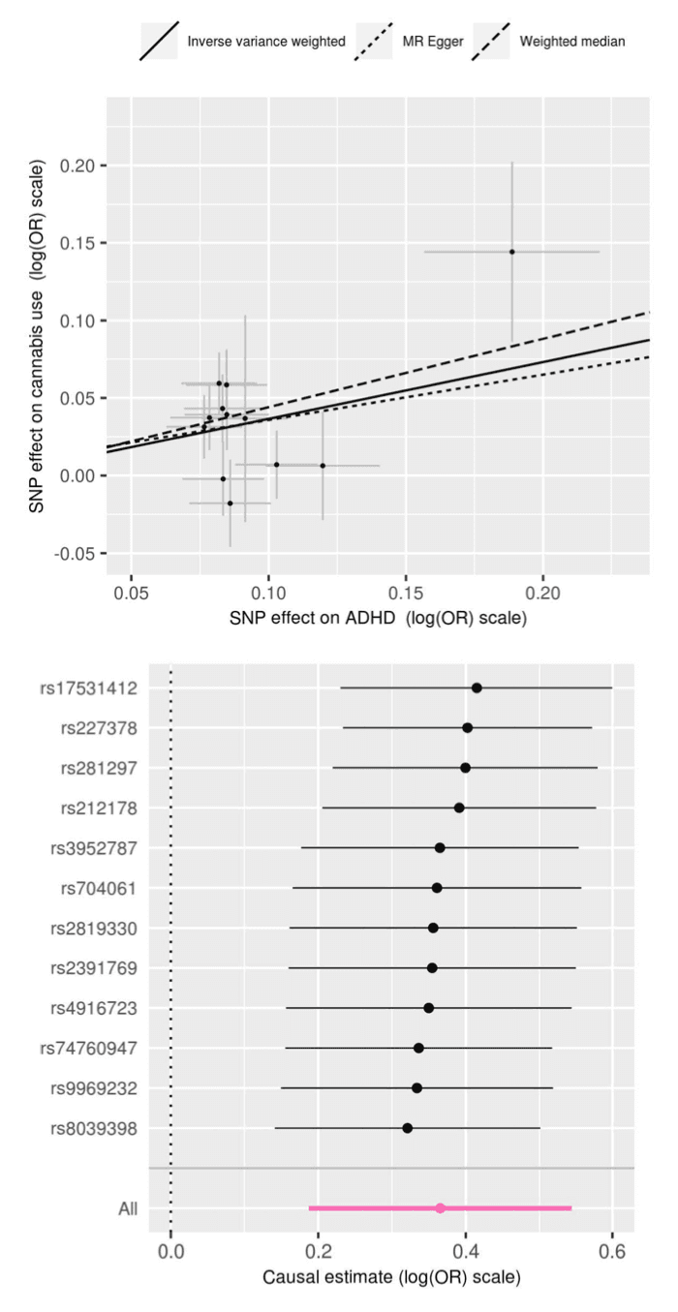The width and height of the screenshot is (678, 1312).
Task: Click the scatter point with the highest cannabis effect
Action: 511,252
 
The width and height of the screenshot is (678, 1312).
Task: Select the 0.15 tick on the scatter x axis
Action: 406,592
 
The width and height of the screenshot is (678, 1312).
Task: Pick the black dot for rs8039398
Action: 408,1128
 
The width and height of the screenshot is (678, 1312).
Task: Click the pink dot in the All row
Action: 441,1208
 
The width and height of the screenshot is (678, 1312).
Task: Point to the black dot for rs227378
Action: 468,727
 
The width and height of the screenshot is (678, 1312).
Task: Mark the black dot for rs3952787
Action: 440,847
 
